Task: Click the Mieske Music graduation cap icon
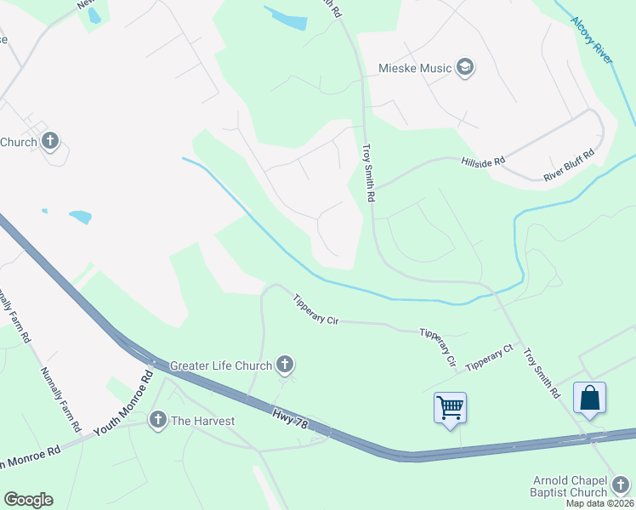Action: point(464,67)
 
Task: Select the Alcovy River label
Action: point(591,39)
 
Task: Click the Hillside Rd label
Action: point(483,160)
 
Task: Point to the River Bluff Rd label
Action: point(569,167)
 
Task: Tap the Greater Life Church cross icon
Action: point(285,365)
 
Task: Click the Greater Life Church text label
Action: point(220,366)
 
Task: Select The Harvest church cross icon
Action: point(157,420)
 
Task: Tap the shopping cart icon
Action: point(450,407)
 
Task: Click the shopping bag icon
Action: point(589,399)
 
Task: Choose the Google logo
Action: point(28,500)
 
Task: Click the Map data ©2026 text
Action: point(599,503)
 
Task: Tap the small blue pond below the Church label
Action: point(79,217)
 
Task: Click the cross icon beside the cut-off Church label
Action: point(50,141)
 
